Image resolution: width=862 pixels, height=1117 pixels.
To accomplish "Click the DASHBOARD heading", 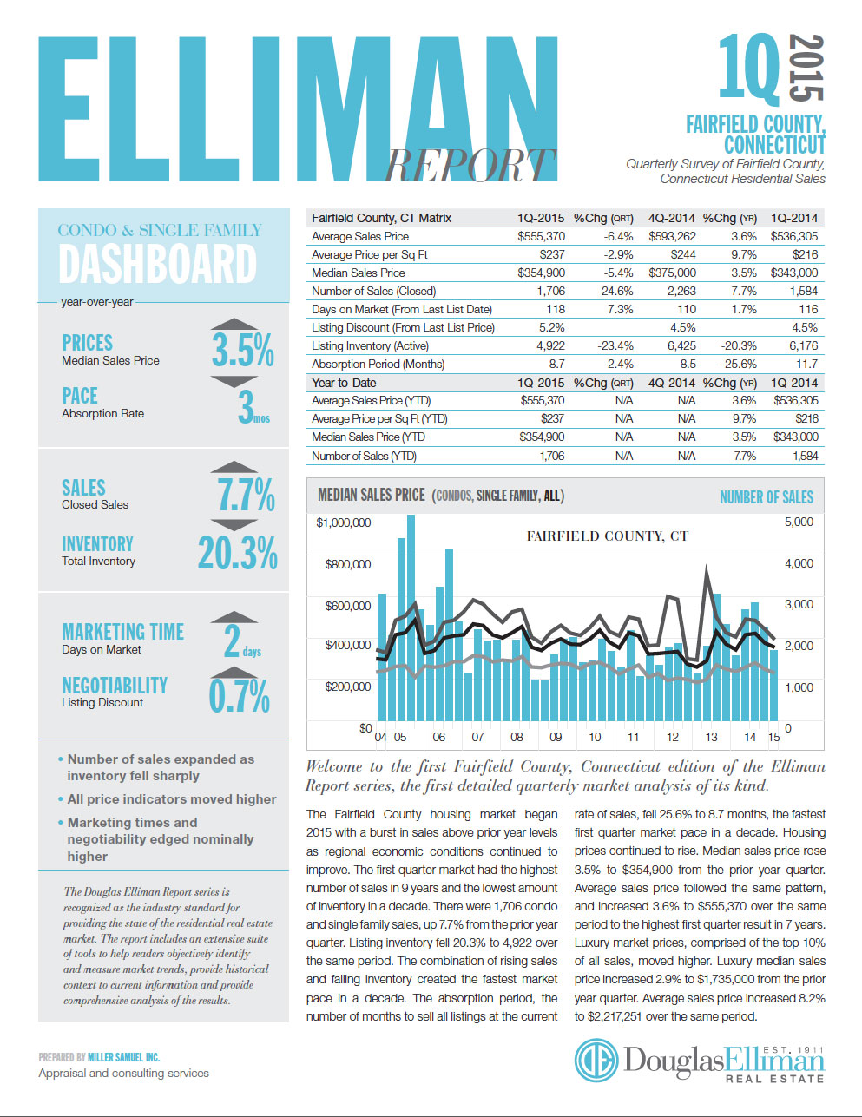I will pos(157,265).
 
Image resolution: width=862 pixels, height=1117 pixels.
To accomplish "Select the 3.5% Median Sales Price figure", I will pos(242,350).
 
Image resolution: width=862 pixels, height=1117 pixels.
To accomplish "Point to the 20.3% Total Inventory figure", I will pos(237,553).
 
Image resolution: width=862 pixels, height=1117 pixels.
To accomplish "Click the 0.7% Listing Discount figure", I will pos(239,696).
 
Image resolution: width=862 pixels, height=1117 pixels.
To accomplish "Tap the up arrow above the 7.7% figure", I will pos(234,468).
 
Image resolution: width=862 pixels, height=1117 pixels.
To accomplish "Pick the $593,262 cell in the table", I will pos(672,236).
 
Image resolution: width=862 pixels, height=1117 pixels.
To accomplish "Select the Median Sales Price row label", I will pos(359,273).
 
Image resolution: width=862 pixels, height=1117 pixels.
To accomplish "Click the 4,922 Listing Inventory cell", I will pos(550,345).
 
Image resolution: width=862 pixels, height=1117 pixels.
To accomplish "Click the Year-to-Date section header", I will pos(344,383).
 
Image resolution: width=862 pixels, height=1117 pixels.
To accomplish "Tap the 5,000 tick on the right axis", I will pos(799,522).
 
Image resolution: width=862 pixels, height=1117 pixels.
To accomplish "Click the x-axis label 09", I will pos(556,737).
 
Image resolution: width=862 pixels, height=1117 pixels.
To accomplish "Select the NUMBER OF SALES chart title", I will pos(766,497).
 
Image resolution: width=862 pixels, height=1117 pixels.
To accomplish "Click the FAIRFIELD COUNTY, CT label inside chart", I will pos(607,536).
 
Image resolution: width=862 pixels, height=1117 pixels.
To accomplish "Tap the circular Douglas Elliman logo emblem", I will pos(596,1061).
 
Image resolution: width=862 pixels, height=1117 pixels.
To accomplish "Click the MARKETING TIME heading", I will pos(122,632).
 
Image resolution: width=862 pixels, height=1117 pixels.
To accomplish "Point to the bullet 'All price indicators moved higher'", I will pos(172,799).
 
